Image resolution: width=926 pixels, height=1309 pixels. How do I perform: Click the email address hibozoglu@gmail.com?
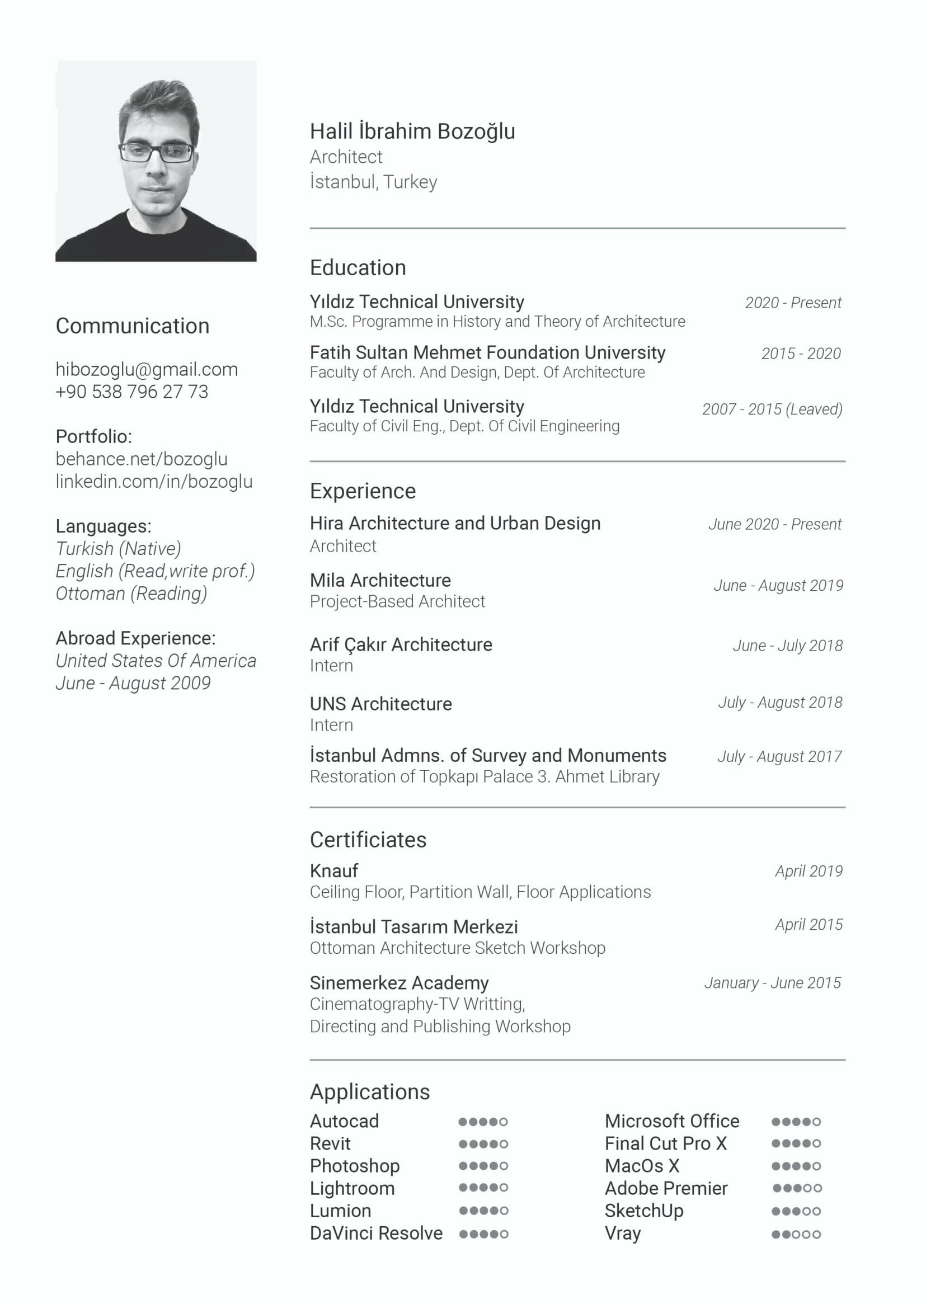(147, 369)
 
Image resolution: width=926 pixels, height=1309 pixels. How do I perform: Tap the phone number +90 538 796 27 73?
(131, 392)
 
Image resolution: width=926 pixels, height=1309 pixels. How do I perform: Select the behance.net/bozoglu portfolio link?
(142, 459)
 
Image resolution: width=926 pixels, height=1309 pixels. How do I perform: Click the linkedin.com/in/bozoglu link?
(154, 481)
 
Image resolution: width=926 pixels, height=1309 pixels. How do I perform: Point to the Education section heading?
(358, 267)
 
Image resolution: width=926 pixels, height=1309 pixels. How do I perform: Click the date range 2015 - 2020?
(801, 354)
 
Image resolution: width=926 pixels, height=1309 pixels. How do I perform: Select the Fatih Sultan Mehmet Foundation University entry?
(487, 352)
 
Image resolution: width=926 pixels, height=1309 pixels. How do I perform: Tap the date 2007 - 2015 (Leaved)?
(772, 409)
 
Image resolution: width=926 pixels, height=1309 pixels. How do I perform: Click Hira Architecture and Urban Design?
(455, 523)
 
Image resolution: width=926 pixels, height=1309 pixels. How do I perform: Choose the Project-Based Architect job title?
(397, 601)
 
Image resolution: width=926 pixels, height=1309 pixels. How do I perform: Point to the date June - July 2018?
(787, 646)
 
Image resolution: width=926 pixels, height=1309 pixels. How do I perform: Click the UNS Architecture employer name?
(380, 704)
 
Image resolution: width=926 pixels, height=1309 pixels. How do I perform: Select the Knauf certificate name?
(333, 870)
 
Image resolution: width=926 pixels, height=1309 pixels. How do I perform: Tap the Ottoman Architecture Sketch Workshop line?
(457, 948)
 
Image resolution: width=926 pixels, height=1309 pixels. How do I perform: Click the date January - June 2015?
(772, 982)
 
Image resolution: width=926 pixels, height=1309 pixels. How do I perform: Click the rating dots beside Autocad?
(482, 1122)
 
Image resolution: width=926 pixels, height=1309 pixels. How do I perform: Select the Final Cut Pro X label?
(665, 1143)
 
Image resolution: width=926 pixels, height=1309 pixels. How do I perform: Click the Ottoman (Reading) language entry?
(131, 593)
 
